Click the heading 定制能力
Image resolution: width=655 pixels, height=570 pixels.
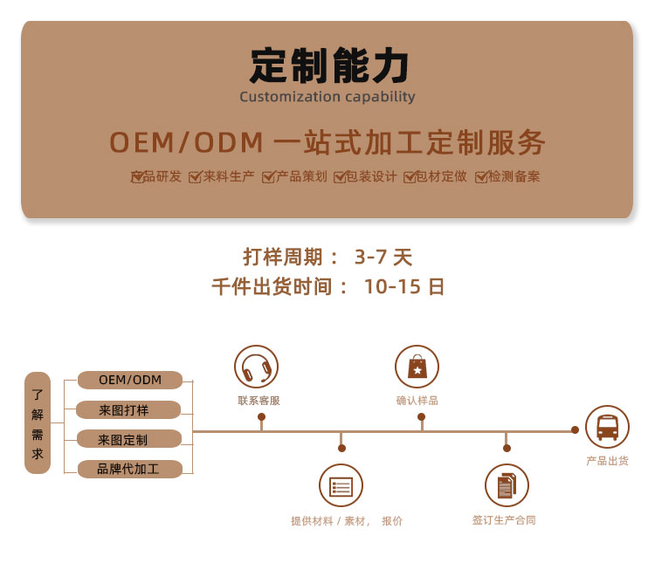[x=328, y=66]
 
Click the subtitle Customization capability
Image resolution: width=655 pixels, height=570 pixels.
[x=327, y=97]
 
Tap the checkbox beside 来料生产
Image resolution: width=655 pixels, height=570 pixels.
[x=195, y=177]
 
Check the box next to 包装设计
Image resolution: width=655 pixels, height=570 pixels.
[x=339, y=177]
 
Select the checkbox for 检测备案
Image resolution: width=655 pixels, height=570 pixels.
[x=481, y=177]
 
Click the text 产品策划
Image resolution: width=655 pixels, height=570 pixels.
[x=301, y=176]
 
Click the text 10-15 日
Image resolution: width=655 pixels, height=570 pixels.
[x=403, y=286]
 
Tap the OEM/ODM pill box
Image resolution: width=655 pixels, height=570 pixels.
[x=130, y=380]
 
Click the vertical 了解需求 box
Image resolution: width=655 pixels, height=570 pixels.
[x=38, y=423]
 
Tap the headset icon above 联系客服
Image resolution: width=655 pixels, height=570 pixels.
[x=256, y=367]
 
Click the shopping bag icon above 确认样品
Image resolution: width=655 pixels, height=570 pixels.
[x=417, y=367]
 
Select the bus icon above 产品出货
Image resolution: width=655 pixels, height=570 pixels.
[x=607, y=427]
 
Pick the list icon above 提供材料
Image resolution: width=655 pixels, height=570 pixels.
[x=341, y=486]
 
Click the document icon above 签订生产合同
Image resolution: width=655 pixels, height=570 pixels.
[x=507, y=486]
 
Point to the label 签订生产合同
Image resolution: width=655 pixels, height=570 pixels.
[x=504, y=520]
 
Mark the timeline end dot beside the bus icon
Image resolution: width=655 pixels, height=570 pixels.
[x=575, y=429]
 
